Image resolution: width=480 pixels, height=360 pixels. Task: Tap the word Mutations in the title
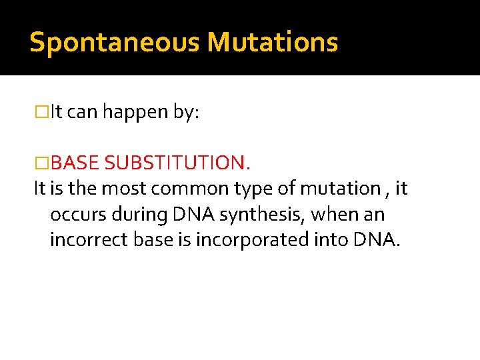point(273,42)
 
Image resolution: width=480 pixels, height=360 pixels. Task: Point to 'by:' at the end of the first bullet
point(186,113)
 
